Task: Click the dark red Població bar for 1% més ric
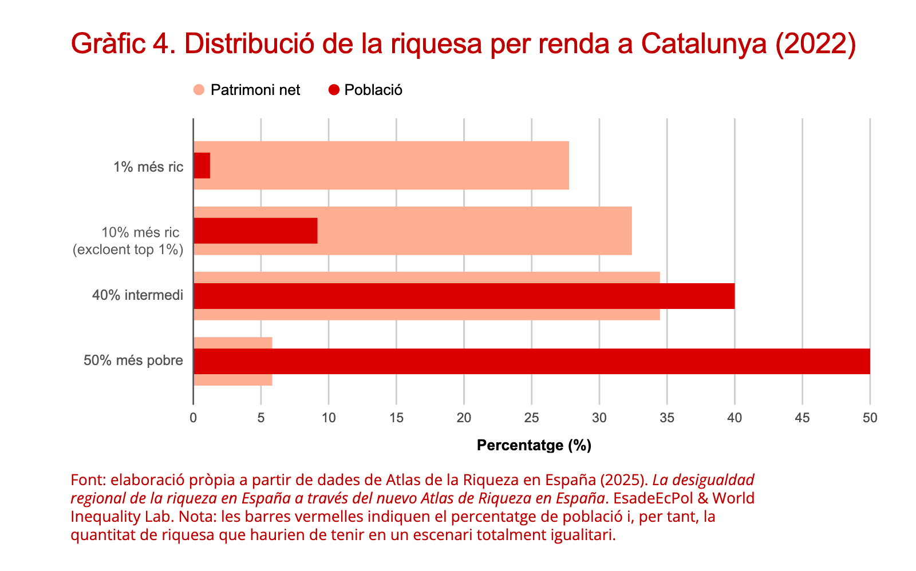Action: pyautogui.click(x=202, y=165)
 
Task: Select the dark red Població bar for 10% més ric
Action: pyautogui.click(x=255, y=231)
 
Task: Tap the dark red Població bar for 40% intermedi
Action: pyautogui.click(x=464, y=296)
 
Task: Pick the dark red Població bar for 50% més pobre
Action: pyautogui.click(x=531, y=361)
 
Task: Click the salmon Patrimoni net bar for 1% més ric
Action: pyautogui.click(x=389, y=165)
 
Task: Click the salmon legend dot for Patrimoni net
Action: pyautogui.click(x=199, y=90)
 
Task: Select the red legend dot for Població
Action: pyautogui.click(x=334, y=90)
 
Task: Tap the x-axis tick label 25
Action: pyautogui.click(x=531, y=418)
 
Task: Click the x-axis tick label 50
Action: pyautogui.click(x=870, y=418)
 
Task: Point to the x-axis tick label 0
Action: pyautogui.click(x=194, y=418)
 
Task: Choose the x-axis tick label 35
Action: pyautogui.click(x=667, y=418)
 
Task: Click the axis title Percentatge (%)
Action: pyautogui.click(x=534, y=445)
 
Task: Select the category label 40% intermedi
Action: pyautogui.click(x=138, y=295)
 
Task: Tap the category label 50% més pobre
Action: pyautogui.click(x=133, y=360)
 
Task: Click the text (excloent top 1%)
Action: pyautogui.click(x=128, y=249)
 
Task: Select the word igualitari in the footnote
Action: pyautogui.click(x=585, y=535)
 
